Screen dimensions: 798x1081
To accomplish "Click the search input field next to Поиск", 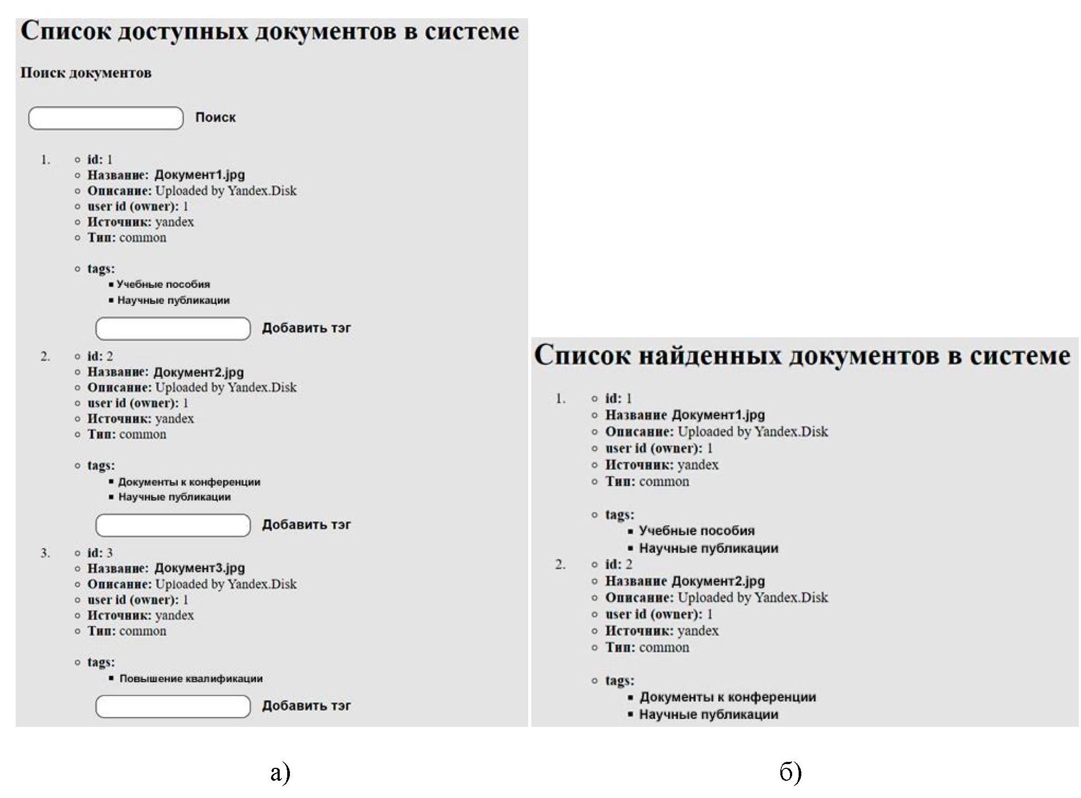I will click(106, 118).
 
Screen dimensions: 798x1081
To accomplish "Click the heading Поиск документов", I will click(86, 73).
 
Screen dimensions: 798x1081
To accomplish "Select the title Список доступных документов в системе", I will click(269, 31).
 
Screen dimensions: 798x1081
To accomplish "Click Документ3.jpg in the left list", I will click(199, 568).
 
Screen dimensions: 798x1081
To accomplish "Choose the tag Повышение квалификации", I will click(191, 678).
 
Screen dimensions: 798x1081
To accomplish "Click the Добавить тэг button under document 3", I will click(306, 706).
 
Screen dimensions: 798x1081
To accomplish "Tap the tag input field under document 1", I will click(172, 329).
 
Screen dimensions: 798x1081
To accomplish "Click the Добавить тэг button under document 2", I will click(306, 525).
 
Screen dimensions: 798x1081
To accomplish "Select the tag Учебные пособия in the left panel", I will click(163, 284).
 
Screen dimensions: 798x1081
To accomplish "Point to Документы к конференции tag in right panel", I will click(727, 697).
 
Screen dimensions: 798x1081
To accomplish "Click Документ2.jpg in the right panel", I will click(718, 581).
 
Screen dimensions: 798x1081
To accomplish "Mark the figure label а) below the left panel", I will click(280, 773).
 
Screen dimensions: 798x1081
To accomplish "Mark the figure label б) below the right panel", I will click(790, 773).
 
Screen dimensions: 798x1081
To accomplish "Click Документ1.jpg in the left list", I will click(199, 175).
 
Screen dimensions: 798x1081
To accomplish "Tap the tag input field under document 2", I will click(172, 525).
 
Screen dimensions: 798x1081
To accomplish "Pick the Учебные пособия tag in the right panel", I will click(696, 531).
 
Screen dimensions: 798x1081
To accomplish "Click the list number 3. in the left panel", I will click(45, 553).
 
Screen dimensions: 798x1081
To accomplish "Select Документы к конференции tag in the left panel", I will click(189, 482).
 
